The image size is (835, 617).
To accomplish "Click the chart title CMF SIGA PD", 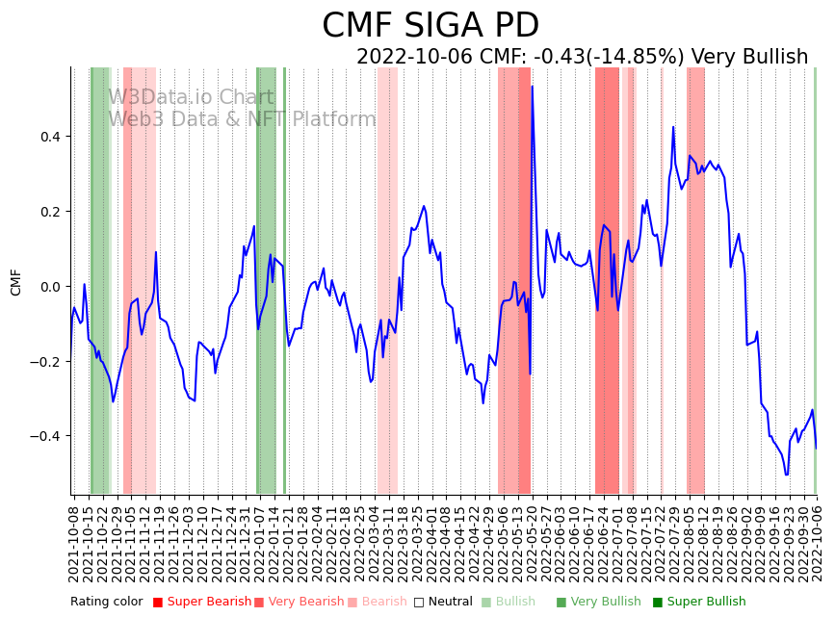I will tap(431, 26).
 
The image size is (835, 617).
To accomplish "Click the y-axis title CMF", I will tap(15, 282).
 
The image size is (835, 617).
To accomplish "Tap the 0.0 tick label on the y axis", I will tap(49, 287).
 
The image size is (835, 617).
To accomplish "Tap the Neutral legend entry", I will tap(449, 602).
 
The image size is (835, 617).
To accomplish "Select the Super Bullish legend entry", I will tap(706, 602).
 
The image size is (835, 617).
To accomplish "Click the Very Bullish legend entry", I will tap(606, 602).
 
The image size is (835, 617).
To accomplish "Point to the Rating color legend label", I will tap(107, 602).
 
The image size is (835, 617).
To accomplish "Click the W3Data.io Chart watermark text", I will tap(191, 97).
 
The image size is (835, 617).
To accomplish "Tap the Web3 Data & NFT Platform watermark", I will tap(242, 119).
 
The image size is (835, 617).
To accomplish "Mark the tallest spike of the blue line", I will tap(532, 88).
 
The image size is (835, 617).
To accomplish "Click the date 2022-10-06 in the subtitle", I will tap(414, 57).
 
